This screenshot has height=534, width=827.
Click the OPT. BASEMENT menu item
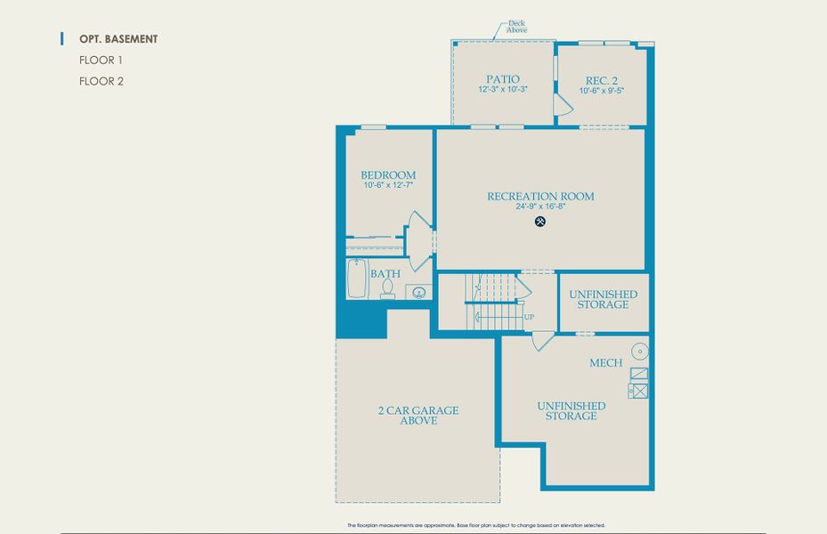(x=118, y=39)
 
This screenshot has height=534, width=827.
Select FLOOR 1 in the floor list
(x=101, y=61)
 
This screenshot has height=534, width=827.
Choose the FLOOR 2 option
(x=101, y=81)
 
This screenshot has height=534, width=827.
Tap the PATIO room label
(x=503, y=79)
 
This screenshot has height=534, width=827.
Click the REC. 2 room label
(x=602, y=79)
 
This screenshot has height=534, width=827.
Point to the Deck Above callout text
(x=516, y=27)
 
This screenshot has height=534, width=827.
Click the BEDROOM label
(x=388, y=174)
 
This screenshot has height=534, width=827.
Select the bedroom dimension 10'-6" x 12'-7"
(x=388, y=185)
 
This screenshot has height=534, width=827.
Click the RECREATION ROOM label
(x=540, y=196)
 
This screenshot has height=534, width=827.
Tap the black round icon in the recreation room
(x=540, y=221)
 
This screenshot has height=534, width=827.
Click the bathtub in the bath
(x=357, y=279)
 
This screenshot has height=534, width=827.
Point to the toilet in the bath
(x=386, y=288)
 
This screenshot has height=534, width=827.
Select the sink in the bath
(x=418, y=291)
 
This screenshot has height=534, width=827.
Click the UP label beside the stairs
(x=529, y=317)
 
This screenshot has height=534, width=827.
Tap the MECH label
(x=605, y=363)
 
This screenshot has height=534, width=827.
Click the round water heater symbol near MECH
(x=638, y=351)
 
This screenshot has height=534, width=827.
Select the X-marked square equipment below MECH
(x=638, y=391)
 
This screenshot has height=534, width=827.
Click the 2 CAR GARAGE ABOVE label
(x=418, y=416)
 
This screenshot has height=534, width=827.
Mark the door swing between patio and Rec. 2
(x=562, y=106)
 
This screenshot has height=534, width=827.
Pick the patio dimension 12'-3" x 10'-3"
(x=503, y=89)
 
